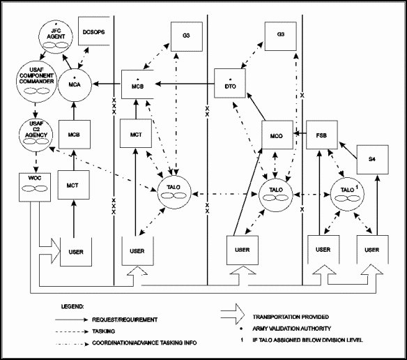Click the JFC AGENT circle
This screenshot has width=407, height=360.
pos(56,38)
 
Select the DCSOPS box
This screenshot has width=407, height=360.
pos(94,31)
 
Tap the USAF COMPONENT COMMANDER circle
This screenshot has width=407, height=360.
pos(37,82)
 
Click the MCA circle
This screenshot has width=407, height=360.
pos(75,84)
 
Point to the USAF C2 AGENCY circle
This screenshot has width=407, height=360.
pos(36,135)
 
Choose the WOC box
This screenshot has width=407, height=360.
pos(35,187)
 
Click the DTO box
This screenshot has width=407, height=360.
pos(230,83)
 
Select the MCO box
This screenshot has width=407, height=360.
pos(277,135)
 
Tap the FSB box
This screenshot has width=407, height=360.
pos(322,135)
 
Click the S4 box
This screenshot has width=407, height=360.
pos(372,160)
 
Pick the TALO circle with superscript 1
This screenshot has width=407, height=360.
pos(347,194)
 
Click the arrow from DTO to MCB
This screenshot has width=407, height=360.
pos(185,84)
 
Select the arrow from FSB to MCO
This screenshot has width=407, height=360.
pos(300,133)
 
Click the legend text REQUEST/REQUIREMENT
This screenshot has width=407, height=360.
pos(125,320)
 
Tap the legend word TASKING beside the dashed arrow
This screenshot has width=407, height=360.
pos(104,331)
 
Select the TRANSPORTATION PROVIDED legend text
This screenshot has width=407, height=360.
pos(291,317)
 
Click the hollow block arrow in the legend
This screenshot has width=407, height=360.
pos(233,314)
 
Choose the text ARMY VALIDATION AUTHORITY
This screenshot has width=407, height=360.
pos(292,329)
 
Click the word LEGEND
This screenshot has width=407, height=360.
pos(72,306)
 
